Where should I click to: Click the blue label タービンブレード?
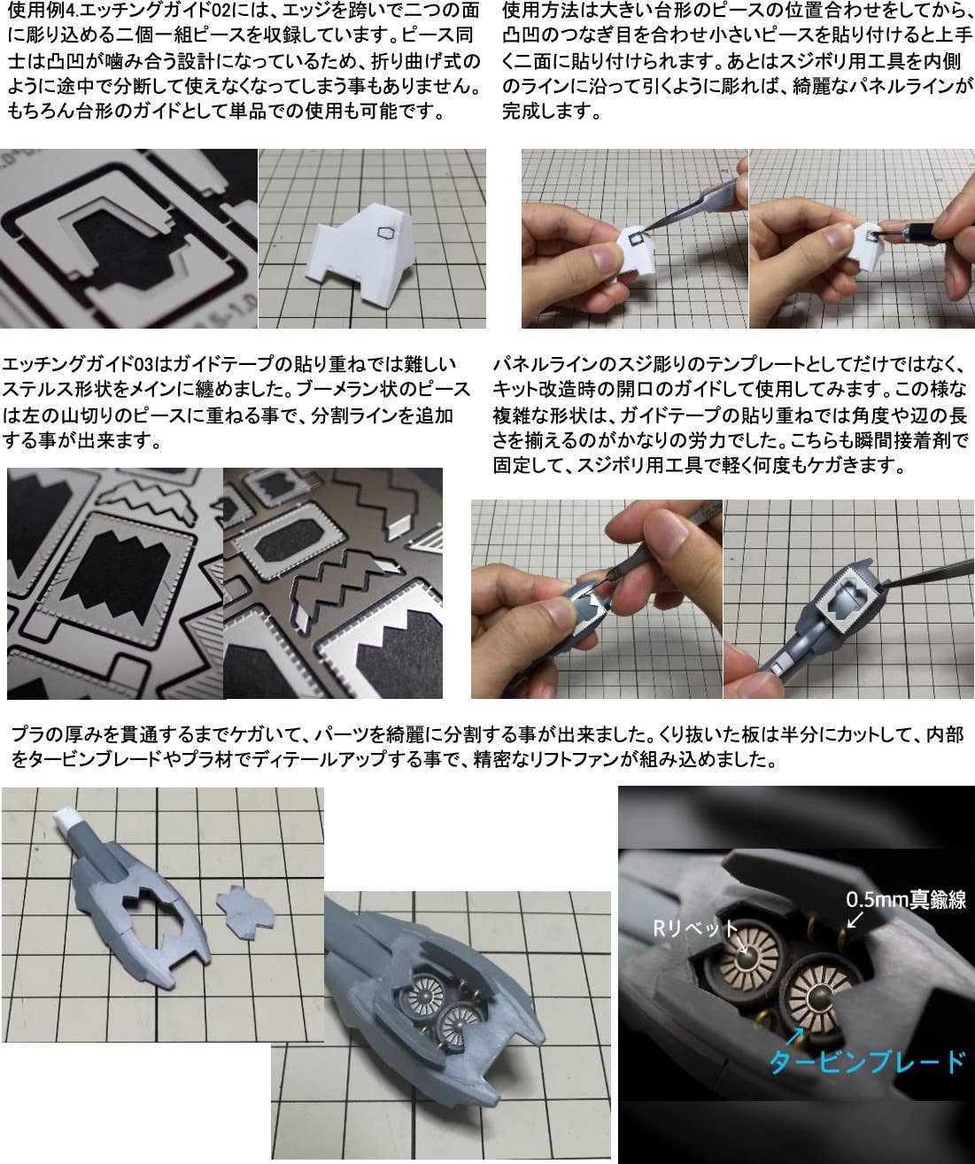(x=867, y=1061)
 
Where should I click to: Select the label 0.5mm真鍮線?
(x=906, y=899)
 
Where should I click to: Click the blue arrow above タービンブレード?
(x=795, y=1036)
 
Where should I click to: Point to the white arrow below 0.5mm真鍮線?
(x=855, y=919)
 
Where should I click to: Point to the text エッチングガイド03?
(x=77, y=365)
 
